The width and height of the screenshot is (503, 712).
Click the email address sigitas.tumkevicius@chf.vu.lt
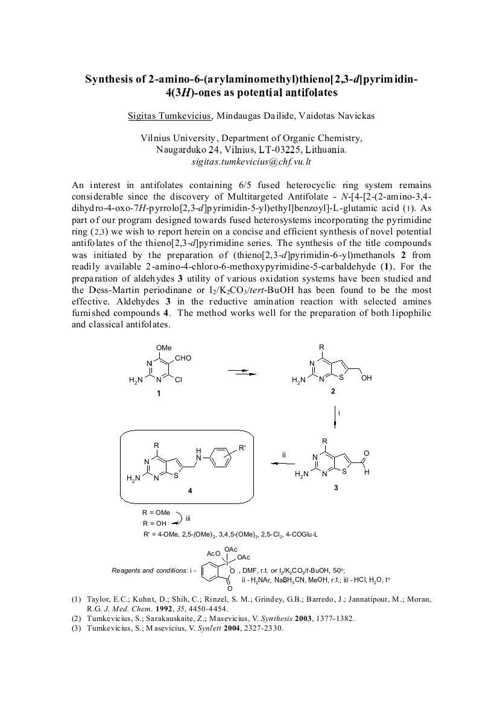coord(251,162)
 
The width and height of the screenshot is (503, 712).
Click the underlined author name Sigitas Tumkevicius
coord(169,115)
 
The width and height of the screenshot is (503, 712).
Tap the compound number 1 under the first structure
coord(159,393)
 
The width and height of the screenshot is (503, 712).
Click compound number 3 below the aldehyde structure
coord(335,487)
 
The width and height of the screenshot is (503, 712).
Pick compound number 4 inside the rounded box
coord(190,491)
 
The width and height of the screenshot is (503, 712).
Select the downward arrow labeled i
coord(335,417)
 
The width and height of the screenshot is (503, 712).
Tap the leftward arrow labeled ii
coord(282,464)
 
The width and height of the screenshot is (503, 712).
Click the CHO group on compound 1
coord(183,358)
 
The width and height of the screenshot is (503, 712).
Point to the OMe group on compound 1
coord(163,348)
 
